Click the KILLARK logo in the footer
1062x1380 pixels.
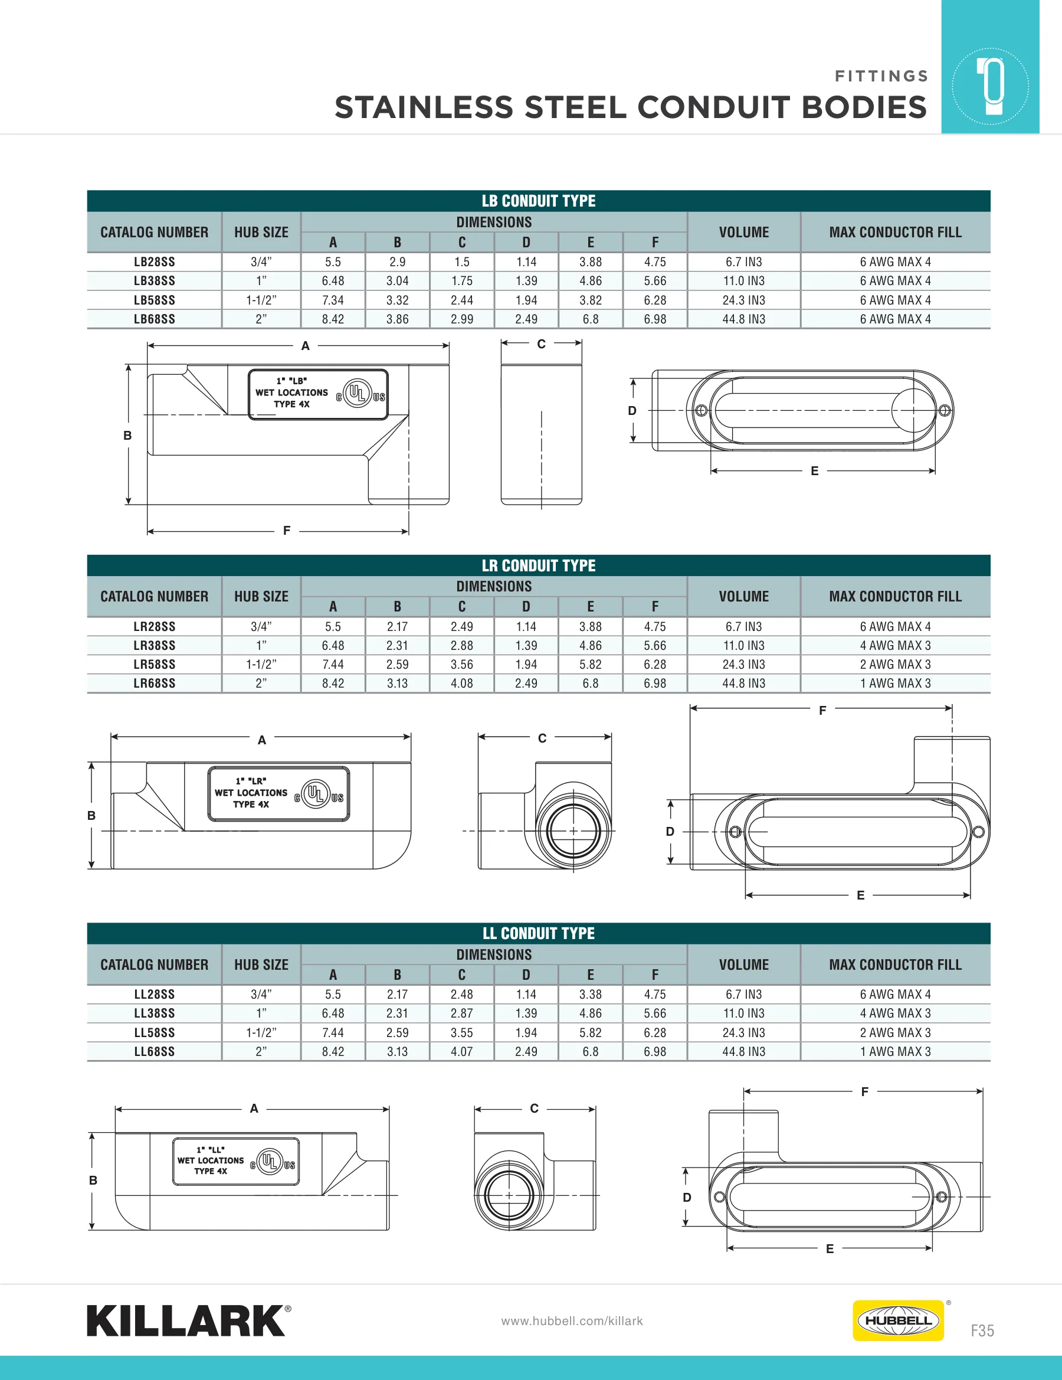[189, 1320]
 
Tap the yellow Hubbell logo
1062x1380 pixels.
[898, 1320]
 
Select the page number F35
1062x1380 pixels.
[982, 1330]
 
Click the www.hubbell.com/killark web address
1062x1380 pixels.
[572, 1320]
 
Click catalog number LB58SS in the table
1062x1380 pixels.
[154, 300]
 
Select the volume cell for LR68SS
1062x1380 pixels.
[743, 683]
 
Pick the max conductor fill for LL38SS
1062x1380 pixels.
[895, 1013]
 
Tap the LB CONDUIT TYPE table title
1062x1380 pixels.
[538, 201]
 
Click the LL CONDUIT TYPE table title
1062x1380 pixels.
[538, 933]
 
